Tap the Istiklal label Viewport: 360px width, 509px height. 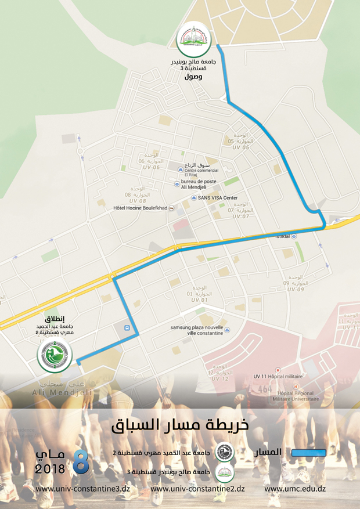(283, 237)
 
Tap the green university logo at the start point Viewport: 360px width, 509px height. (55, 355)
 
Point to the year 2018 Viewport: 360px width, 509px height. (51, 468)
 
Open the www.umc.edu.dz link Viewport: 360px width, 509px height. (294, 489)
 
